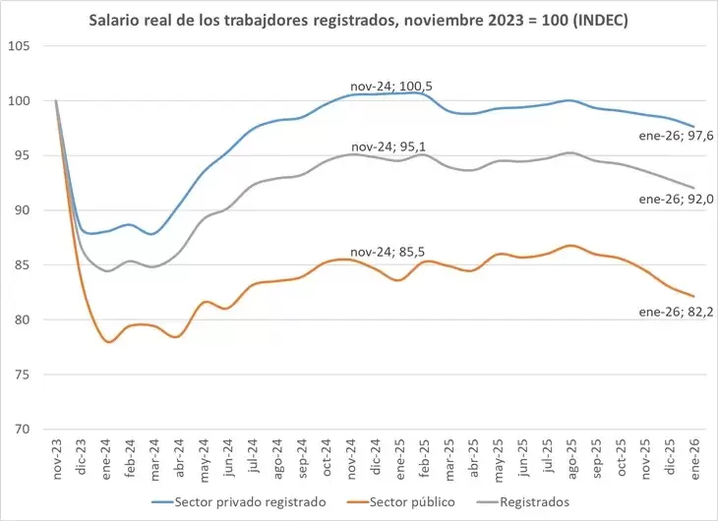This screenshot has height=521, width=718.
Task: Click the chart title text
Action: (x=358, y=19)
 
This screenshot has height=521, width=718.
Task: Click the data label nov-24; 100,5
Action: (x=391, y=87)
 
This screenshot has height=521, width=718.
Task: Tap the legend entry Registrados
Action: (x=526, y=501)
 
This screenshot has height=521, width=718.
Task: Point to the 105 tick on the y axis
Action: (x=31, y=46)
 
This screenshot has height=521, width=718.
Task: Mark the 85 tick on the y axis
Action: (x=34, y=265)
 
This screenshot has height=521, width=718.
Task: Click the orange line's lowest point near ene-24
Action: (x=108, y=341)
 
